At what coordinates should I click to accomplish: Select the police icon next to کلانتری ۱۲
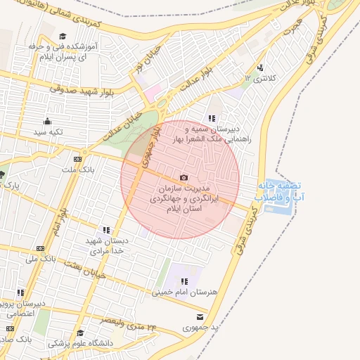[x=261, y=68]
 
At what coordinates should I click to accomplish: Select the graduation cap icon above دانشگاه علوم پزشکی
[x=80, y=333]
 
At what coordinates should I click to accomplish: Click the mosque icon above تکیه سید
[x=48, y=121]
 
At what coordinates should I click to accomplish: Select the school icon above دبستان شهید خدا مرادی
[x=106, y=229]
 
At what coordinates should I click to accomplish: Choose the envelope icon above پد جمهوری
[x=201, y=317]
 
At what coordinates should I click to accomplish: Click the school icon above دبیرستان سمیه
[x=211, y=118]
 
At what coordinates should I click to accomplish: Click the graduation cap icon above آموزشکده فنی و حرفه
[x=62, y=37]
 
